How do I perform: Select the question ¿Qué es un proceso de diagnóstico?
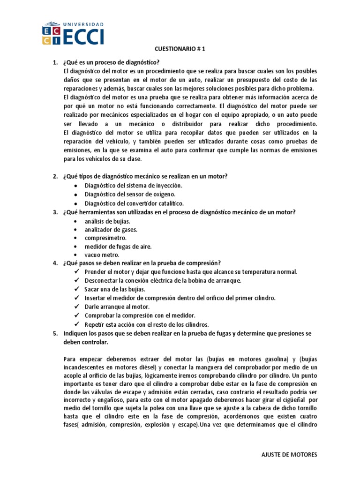coord(111,62)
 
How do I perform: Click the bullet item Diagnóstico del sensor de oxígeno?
coord(130,194)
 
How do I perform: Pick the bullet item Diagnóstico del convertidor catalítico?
coord(134,203)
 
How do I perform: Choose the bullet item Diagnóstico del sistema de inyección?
coord(133,186)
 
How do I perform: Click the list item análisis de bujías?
coord(107,221)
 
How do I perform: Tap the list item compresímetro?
coord(105,238)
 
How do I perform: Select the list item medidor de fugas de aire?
coord(118,246)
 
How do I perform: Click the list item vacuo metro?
coord(102,255)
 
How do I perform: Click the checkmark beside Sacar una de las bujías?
coord(77,289)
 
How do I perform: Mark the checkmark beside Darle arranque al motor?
coord(77,306)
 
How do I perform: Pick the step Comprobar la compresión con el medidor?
coord(140,315)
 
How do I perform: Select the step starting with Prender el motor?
coord(191,272)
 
